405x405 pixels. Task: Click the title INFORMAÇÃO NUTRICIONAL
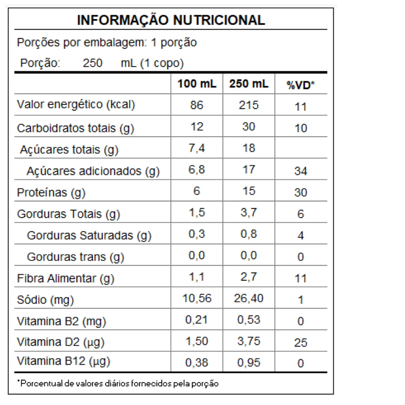coord(171,20)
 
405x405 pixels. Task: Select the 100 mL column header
coord(197,84)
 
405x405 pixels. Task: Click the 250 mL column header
coord(249,84)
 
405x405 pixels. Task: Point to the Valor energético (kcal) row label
coord(76,105)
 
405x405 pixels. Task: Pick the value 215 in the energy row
coord(249,105)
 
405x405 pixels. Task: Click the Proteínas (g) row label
coord(51,193)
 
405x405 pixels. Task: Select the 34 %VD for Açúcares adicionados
coord(301,171)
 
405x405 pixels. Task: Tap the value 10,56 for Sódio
coord(197,299)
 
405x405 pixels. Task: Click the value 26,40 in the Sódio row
coord(249,299)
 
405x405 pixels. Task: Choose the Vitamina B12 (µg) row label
coord(63,361)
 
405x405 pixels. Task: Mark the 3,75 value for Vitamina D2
coord(249,341)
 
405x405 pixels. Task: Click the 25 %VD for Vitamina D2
coord(301,343)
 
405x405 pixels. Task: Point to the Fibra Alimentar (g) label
coord(66,278)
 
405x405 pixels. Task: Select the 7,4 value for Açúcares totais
coord(197,148)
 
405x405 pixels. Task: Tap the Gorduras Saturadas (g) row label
coord(89,236)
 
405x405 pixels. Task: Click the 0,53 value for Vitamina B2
coord(249,320)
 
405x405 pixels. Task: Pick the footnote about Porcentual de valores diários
coord(118,383)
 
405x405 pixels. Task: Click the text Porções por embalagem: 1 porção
coord(107,42)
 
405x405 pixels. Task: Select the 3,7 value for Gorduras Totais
coord(249,213)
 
